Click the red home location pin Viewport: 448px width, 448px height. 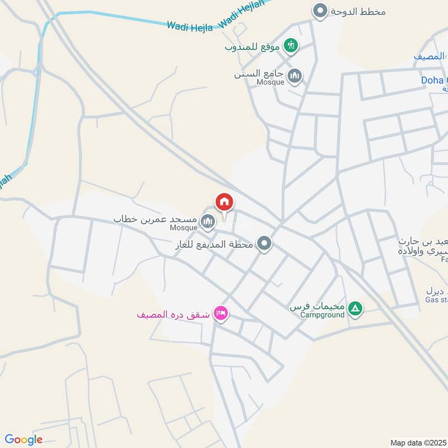pyautogui.click(x=225, y=202)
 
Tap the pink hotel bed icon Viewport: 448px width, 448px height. pyautogui.click(x=221, y=314)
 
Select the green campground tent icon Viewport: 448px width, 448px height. pyautogui.click(x=355, y=308)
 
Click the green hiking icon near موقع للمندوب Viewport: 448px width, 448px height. pyautogui.click(x=290, y=46)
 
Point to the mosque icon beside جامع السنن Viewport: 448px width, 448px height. pyautogui.click(x=295, y=76)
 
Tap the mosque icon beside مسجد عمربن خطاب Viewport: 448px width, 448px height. pyautogui.click(x=208, y=222)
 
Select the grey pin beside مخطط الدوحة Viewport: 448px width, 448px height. pyautogui.click(x=320, y=11)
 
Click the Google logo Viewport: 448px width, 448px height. pyautogui.click(x=24, y=440)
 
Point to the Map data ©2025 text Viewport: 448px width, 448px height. pyautogui.click(x=417, y=442)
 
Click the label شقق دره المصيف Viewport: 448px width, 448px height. pyautogui.click(x=173, y=315)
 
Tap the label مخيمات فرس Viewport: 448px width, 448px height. pyautogui.click(x=316, y=308)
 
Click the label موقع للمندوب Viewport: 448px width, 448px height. pyautogui.click(x=252, y=46)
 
